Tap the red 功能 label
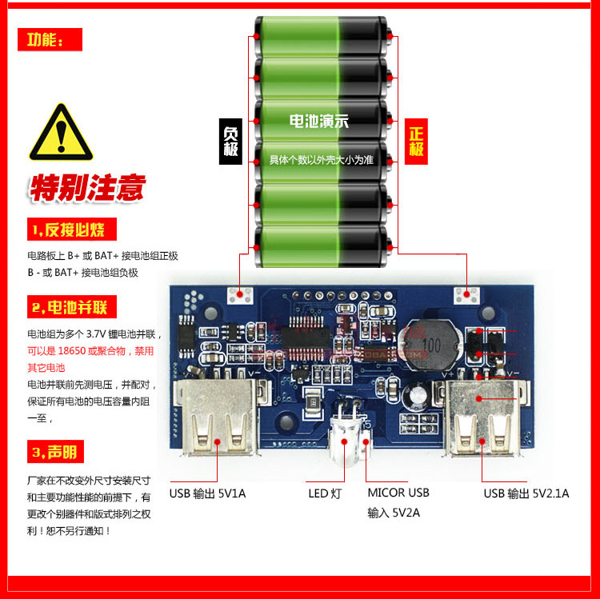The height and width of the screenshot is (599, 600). click(50, 39)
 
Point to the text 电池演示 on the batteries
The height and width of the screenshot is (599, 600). click(319, 122)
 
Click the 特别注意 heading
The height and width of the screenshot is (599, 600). click(88, 187)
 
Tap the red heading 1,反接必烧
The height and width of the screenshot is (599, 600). click(72, 230)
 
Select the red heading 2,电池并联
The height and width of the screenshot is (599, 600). click(72, 307)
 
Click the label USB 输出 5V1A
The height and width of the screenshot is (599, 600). click(208, 493)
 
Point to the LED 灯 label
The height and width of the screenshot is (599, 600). click(325, 493)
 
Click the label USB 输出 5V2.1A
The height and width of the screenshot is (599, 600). click(526, 493)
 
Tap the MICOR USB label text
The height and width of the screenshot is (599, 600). click(398, 493)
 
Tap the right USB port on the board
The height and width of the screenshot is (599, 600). click(478, 416)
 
